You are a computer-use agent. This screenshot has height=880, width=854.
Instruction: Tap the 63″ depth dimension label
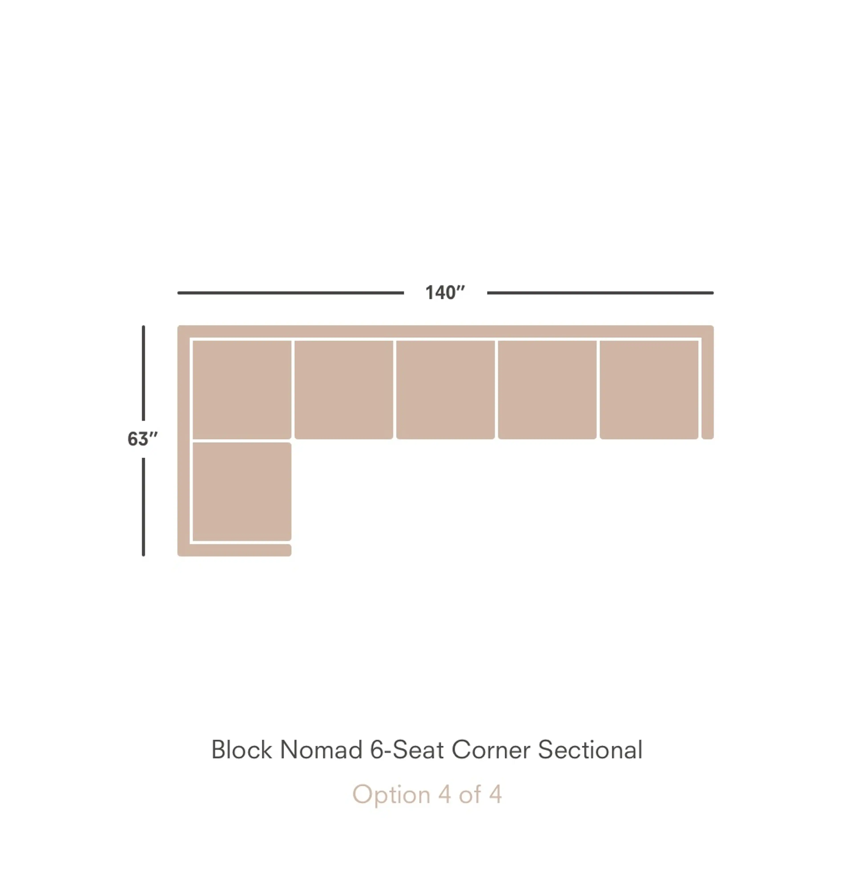tap(142, 439)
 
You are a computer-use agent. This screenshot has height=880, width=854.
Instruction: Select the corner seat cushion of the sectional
tap(242, 390)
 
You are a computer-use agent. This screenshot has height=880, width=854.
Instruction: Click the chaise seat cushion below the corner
tap(242, 492)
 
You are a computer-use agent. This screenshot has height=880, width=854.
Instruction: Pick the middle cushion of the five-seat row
tap(445, 390)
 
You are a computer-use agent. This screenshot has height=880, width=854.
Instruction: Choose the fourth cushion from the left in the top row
tap(547, 390)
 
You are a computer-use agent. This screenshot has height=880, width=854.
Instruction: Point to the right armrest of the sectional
tap(708, 388)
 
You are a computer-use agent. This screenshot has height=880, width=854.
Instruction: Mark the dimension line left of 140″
tap(290, 293)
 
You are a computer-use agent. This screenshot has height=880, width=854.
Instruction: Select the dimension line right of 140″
tap(600, 293)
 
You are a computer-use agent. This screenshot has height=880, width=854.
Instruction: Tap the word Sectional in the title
tap(590, 750)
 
